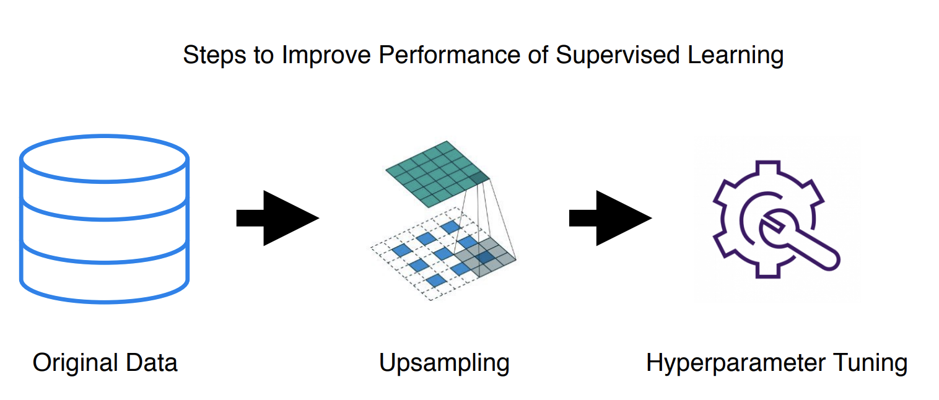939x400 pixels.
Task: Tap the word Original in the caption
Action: [76, 362]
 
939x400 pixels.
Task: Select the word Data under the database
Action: [151, 362]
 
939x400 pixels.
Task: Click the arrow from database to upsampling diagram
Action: [277, 218]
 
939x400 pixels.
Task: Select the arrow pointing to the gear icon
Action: [610, 218]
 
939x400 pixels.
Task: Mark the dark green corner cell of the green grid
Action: [479, 180]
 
